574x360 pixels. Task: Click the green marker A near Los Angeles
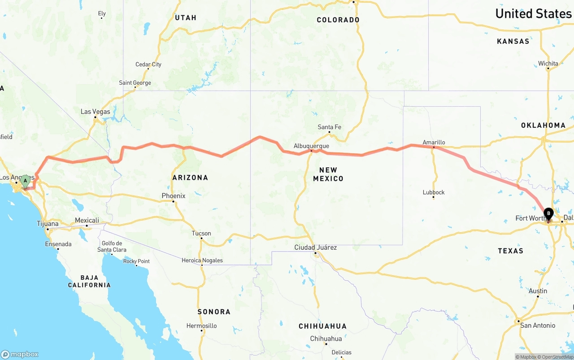point(26,181)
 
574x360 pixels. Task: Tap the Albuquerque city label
point(311,146)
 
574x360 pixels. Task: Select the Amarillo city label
point(434,143)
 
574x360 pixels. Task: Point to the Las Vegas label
point(95,112)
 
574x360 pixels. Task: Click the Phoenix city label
point(174,196)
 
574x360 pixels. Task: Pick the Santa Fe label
point(329,127)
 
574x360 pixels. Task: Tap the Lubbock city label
point(434,192)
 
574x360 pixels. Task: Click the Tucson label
point(201,233)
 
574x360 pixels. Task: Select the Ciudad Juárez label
point(315,247)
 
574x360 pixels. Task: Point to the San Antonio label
point(538,325)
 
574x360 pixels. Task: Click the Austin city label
point(538,291)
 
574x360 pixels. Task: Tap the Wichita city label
point(548,64)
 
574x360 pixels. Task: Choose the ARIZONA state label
point(190,178)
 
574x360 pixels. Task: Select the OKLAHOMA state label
point(543,125)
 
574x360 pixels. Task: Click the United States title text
point(533,13)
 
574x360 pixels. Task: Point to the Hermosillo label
point(202,326)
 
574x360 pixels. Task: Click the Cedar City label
point(148,65)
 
